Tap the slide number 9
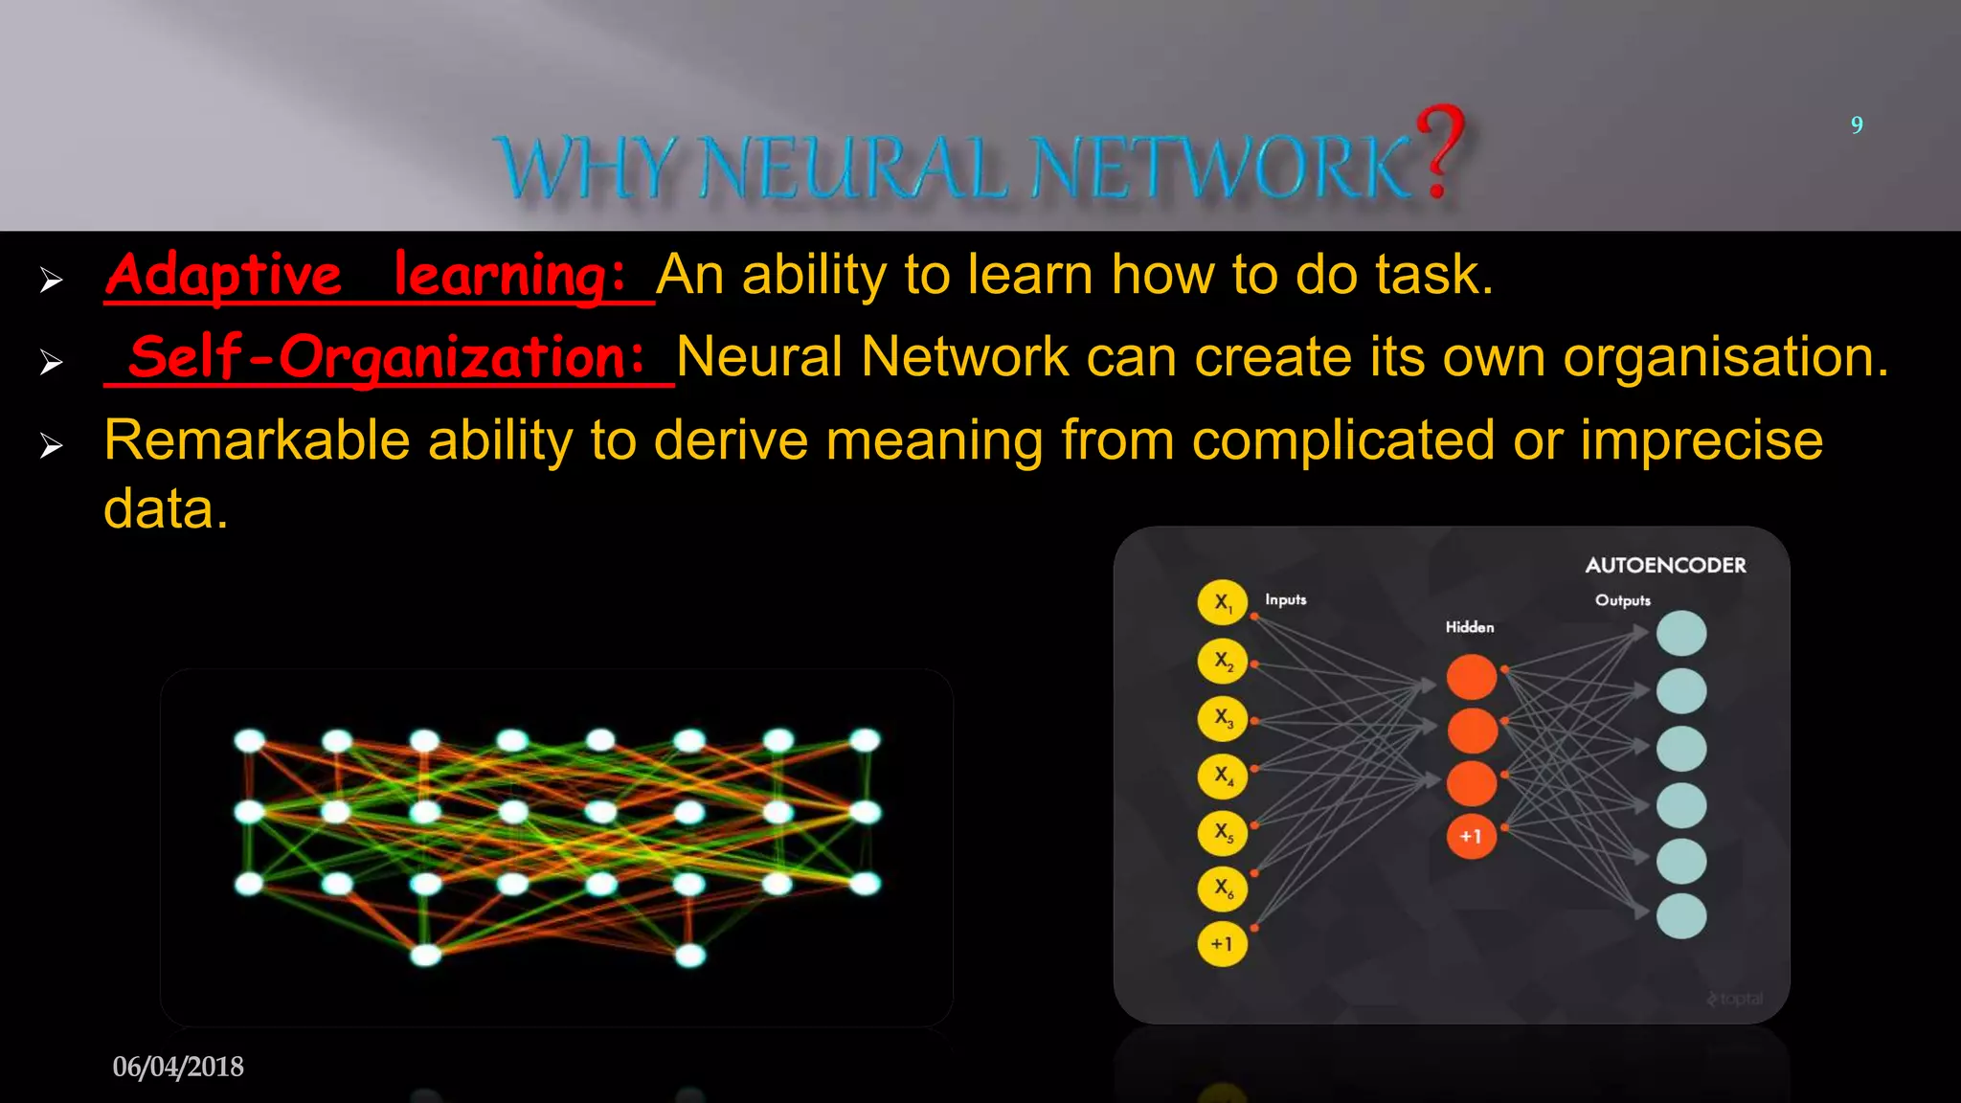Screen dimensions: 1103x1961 coord(1857,125)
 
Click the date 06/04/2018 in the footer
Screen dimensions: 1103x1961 coord(178,1067)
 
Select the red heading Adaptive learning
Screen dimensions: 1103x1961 coord(366,276)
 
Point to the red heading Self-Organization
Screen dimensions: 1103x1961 coord(387,358)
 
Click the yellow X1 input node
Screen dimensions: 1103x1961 coord(1222,602)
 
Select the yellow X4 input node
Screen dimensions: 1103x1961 coord(1222,775)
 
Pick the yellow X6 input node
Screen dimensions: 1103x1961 coord(1222,888)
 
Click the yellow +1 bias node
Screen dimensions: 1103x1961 coord(1222,944)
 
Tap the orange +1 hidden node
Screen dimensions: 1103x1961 coord(1471,837)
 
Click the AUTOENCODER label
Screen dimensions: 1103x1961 coord(1665,566)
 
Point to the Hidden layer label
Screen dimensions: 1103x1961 coord(1469,627)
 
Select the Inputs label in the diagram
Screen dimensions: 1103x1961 coord(1285,599)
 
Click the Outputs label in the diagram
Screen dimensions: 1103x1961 coord(1622,600)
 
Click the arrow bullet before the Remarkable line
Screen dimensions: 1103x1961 coord(52,445)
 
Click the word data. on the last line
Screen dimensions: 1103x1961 coord(166,509)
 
